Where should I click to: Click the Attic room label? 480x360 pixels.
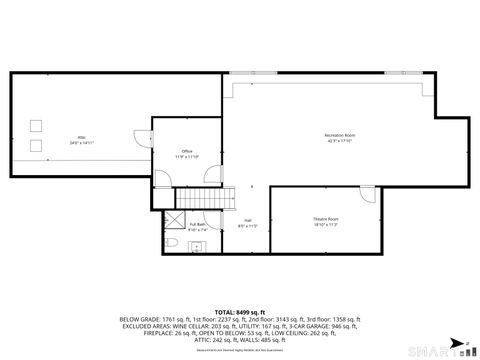point(82,139)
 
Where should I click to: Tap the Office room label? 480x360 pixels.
point(187,154)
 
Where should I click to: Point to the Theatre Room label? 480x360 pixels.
point(326,221)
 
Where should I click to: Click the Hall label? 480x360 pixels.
point(248,223)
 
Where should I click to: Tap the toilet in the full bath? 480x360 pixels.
point(172,243)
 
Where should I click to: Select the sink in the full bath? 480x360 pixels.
point(197,246)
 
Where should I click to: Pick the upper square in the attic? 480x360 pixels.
point(37,126)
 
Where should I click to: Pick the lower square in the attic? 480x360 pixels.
point(37,145)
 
